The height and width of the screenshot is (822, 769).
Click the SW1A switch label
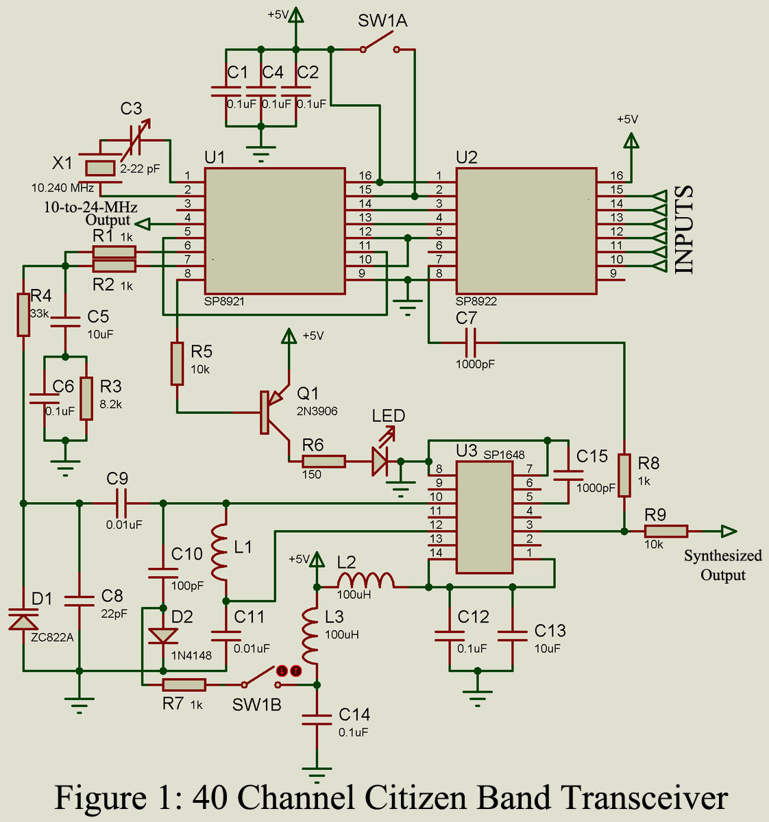[382, 21]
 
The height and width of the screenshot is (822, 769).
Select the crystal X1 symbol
[100, 169]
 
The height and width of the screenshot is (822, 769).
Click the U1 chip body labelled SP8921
[275, 231]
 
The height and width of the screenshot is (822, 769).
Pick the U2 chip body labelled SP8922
[526, 231]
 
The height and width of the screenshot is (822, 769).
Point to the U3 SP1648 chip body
[485, 518]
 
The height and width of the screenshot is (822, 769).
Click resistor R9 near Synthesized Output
[666, 531]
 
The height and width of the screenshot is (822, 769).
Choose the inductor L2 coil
[365, 580]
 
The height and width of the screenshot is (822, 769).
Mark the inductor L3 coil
[310, 636]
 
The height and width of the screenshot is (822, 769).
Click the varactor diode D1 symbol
[23, 618]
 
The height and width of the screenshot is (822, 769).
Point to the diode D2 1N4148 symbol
[163, 636]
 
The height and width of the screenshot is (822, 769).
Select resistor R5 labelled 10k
[178, 364]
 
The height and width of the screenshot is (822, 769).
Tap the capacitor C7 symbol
[471, 342]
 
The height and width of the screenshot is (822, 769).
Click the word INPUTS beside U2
[685, 229]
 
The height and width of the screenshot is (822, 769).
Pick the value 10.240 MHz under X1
[62, 188]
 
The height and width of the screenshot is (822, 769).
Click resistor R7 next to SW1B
[184, 684]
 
